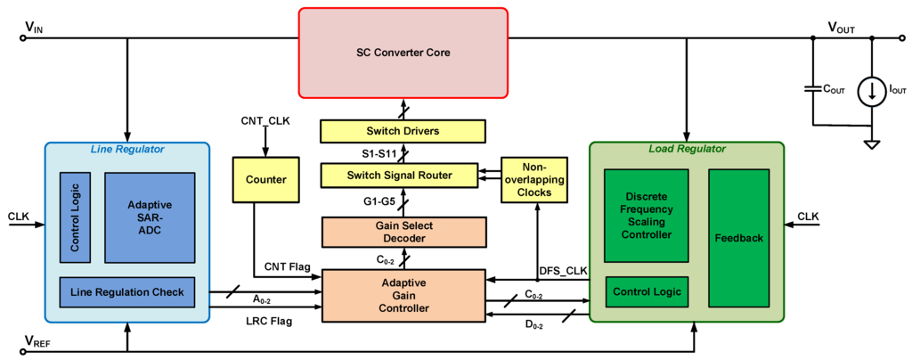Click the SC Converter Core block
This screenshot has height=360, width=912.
(403, 53)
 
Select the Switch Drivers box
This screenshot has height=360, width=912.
(403, 131)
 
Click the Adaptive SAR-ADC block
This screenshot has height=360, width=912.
(150, 217)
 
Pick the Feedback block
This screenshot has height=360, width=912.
(738, 239)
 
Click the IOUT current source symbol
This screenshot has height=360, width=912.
(871, 90)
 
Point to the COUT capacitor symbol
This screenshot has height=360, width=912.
(811, 89)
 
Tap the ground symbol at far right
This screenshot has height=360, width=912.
(871, 143)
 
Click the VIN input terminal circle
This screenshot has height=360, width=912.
(23, 38)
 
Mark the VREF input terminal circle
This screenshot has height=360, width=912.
(23, 351)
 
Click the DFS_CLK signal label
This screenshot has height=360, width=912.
(564, 270)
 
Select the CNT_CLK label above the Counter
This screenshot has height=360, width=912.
(265, 119)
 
